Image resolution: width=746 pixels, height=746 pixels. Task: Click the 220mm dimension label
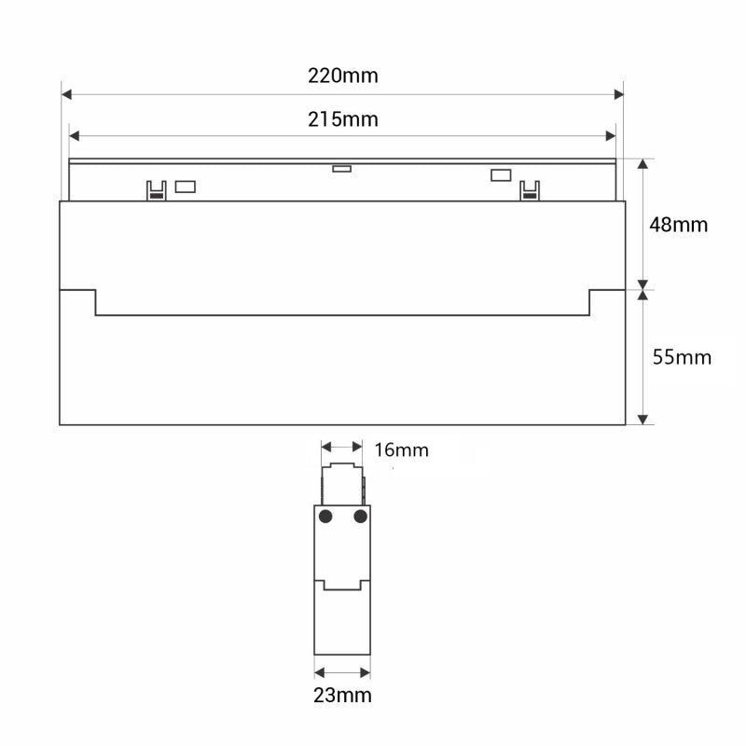(343, 76)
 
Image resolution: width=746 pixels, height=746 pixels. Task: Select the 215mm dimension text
(343, 119)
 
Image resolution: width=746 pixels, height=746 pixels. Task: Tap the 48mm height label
(680, 225)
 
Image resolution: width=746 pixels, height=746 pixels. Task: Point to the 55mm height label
(682, 357)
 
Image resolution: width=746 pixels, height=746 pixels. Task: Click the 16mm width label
(401, 450)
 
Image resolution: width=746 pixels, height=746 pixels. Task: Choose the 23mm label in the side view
(342, 695)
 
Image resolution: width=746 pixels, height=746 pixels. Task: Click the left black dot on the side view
(325, 517)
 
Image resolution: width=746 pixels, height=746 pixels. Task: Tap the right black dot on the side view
(360, 517)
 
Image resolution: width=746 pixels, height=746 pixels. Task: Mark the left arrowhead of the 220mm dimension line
(66, 94)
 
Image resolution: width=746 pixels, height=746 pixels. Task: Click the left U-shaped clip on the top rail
(156, 189)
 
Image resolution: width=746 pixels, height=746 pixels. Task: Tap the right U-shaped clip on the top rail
(529, 189)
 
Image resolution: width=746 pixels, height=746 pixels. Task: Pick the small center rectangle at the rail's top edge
(341, 169)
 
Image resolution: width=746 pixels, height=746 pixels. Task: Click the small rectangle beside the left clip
(185, 186)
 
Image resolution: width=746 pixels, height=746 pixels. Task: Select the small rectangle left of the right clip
(501, 174)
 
